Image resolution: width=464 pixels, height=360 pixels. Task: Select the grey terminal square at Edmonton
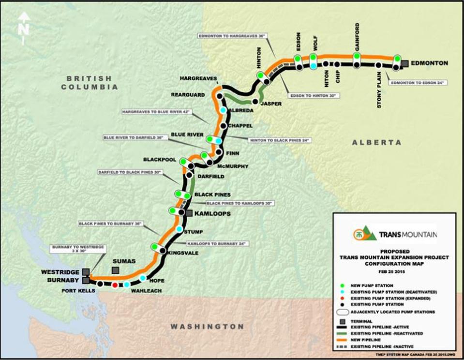tap(405, 62)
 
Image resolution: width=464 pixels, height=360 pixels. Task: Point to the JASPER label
tap(270, 104)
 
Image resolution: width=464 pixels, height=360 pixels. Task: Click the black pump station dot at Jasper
tap(255, 102)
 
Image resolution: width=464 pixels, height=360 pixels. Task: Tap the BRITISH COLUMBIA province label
tap(89, 82)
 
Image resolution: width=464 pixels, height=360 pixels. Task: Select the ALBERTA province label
tap(376, 142)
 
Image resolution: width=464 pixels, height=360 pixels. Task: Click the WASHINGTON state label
tap(207, 327)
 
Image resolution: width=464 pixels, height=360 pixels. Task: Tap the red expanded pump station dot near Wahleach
tap(115, 285)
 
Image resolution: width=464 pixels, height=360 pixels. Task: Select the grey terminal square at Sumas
tap(116, 270)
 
